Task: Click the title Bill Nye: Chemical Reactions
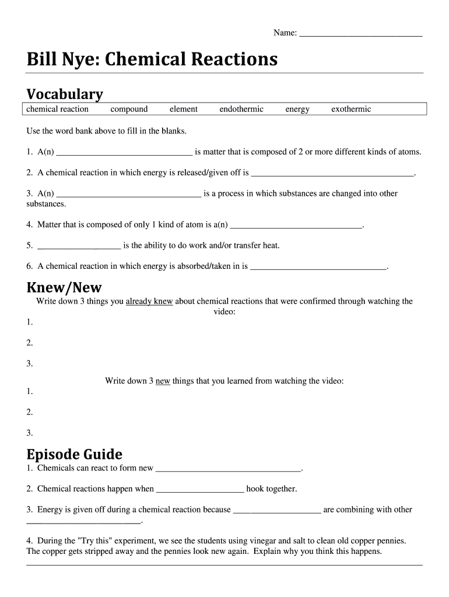[x=152, y=59]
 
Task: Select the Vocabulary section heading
[x=65, y=94]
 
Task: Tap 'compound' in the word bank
[x=129, y=109]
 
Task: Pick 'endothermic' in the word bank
[x=241, y=109]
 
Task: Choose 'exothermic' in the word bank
[x=351, y=109]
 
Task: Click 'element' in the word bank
[x=184, y=109]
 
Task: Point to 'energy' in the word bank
[x=297, y=109]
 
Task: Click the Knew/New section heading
[x=64, y=287]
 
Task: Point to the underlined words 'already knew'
[x=149, y=301]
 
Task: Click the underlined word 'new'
[x=163, y=381]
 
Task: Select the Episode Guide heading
[x=75, y=454]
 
